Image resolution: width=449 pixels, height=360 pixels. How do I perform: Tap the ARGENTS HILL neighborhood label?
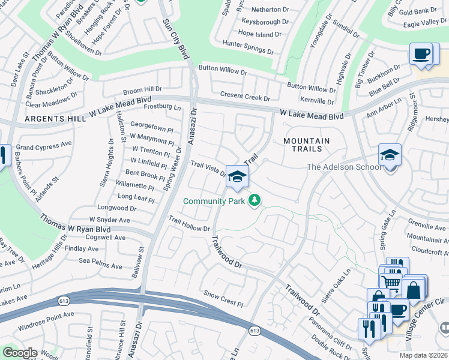pyautogui.click(x=54, y=119)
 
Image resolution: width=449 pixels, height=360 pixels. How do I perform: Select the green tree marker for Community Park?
pyautogui.click(x=255, y=200)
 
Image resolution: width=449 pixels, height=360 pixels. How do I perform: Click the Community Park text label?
pyautogui.click(x=214, y=201)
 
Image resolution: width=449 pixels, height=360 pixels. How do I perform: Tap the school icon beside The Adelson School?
pyautogui.click(x=389, y=156)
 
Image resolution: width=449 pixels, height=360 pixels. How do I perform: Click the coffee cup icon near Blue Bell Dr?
pyautogui.click(x=421, y=54)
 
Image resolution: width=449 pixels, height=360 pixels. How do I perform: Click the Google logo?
pyautogui.click(x=19, y=353)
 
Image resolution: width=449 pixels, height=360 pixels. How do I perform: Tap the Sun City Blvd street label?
pyautogui.click(x=176, y=39)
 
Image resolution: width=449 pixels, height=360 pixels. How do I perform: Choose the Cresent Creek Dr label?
pyautogui.click(x=245, y=96)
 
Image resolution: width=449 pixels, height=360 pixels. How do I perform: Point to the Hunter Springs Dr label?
pyautogui.click(x=248, y=48)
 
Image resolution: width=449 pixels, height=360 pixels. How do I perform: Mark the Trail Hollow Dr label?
pyautogui.click(x=189, y=224)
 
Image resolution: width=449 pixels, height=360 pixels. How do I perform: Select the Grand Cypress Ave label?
pyautogui.click(x=43, y=146)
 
